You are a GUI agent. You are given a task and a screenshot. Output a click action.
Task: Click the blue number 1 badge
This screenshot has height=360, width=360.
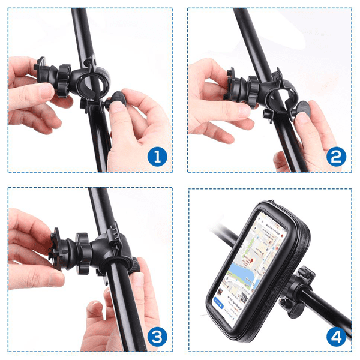[x=157, y=157]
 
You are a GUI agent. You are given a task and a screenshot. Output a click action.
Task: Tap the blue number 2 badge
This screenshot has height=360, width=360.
[x=337, y=157]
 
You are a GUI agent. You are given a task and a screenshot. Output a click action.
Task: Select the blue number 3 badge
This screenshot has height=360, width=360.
[x=157, y=337]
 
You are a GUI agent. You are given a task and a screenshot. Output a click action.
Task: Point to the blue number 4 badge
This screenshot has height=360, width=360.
[x=337, y=337]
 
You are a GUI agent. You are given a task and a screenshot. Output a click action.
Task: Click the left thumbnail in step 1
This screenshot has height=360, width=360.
[x=41, y=91]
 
